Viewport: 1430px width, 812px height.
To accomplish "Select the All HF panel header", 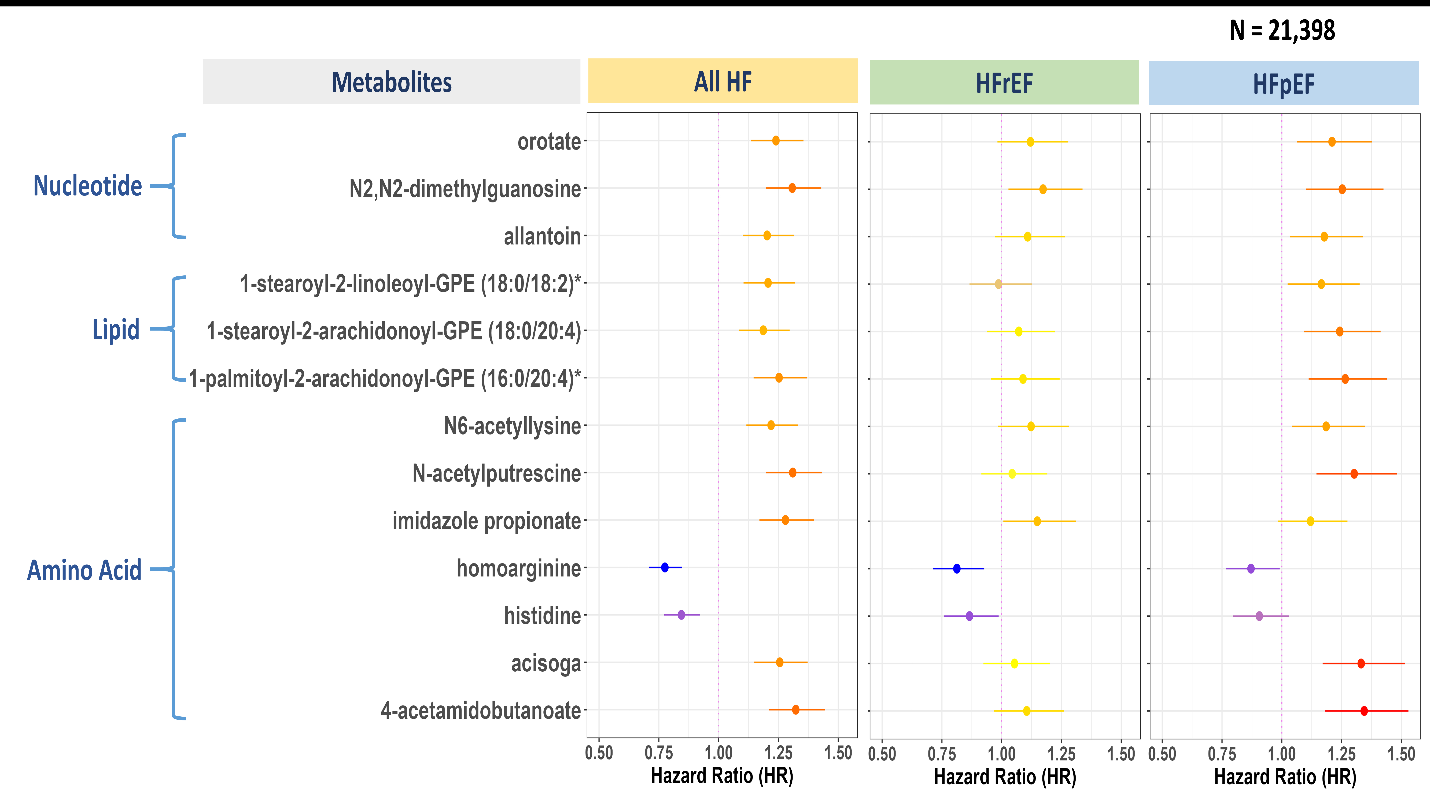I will (x=723, y=81).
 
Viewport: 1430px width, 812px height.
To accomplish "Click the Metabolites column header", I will (x=391, y=82).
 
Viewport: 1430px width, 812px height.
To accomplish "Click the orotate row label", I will (x=549, y=142).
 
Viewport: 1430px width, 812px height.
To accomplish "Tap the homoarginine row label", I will (x=518, y=568).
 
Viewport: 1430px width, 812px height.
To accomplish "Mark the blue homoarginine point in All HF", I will (x=665, y=567).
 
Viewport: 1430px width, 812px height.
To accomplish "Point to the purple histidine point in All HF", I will (x=681, y=615).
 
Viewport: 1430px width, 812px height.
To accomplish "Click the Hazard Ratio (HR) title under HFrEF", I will (x=1005, y=777).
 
